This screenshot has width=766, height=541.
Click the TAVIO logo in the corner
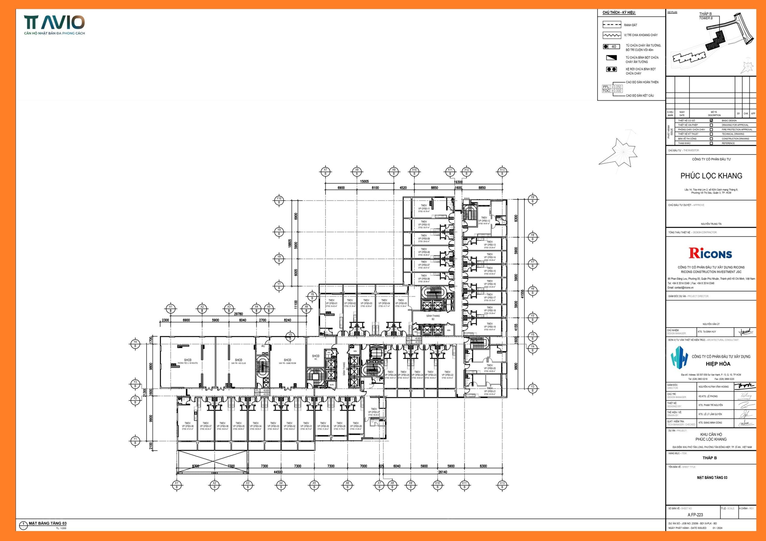coord(54,23)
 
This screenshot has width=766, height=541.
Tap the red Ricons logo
coord(710,253)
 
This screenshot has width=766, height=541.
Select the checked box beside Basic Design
coord(711,120)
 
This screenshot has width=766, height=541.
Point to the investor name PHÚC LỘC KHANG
coord(711,176)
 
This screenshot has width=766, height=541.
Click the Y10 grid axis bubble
coord(279,200)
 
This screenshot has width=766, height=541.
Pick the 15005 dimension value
coord(364,181)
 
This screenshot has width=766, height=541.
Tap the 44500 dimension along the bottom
coord(278,472)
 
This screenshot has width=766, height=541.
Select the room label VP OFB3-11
coord(424,209)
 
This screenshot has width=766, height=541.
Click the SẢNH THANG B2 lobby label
coord(433,317)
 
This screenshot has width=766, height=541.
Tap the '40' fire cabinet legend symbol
coord(611,47)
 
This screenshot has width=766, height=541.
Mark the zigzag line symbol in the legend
coord(612,35)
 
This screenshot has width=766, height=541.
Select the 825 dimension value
coord(381,466)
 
